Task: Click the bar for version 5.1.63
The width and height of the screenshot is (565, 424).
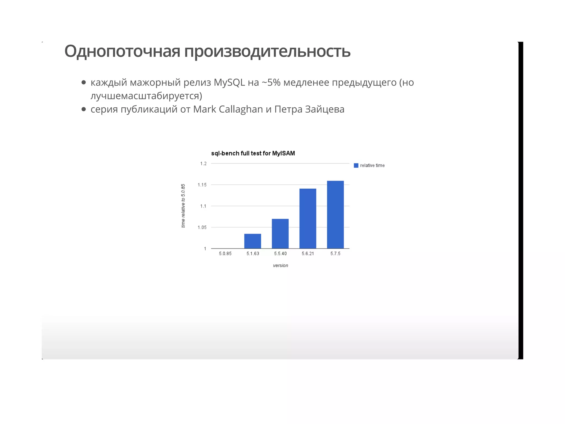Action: (x=252, y=241)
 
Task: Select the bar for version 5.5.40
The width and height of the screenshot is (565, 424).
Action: (x=280, y=234)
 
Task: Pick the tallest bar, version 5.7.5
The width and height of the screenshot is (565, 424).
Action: (x=335, y=214)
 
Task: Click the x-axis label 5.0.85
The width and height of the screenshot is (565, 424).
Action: (x=225, y=253)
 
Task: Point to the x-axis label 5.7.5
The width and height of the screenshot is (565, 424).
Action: (x=335, y=253)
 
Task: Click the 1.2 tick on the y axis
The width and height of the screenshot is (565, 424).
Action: (x=203, y=163)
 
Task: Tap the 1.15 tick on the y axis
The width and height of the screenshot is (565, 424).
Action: (x=202, y=185)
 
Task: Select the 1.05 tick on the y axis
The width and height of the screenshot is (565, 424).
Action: (x=202, y=227)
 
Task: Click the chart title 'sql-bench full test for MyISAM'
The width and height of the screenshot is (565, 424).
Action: (x=253, y=153)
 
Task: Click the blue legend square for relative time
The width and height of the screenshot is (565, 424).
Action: (x=356, y=165)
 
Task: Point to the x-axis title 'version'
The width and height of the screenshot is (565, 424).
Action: (x=280, y=265)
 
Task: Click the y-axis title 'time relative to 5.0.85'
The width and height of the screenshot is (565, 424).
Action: (x=183, y=206)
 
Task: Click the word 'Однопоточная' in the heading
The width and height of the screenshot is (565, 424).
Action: (x=122, y=51)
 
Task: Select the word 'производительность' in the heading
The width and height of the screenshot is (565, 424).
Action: (x=267, y=51)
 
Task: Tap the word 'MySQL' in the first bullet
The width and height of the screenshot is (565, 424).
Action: (x=229, y=82)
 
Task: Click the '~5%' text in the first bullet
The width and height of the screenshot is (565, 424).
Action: (x=271, y=82)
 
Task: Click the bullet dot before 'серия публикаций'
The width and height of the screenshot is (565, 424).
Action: (x=84, y=109)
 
